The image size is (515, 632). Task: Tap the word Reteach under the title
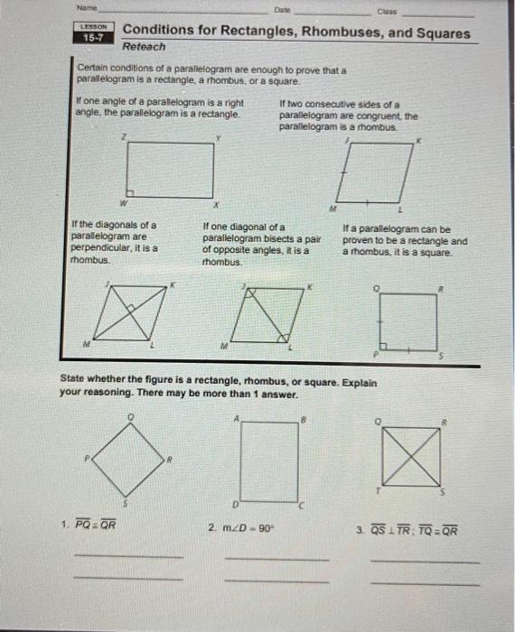coord(145,46)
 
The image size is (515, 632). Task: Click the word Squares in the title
coord(441,33)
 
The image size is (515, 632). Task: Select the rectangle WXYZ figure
coord(170,169)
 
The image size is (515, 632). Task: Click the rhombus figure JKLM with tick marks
coord(372,172)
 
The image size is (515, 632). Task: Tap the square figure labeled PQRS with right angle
coord(408,321)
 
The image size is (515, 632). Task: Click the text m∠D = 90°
coord(248,525)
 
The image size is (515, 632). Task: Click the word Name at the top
coord(87,8)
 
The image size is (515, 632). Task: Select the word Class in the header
coord(387,11)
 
